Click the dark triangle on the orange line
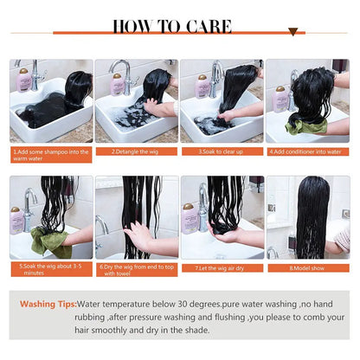(292, 32)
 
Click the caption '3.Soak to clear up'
(221, 151)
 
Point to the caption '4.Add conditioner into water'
(307, 151)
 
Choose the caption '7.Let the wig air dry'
(221, 267)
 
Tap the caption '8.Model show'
(307, 267)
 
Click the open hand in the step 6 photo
(138, 235)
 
